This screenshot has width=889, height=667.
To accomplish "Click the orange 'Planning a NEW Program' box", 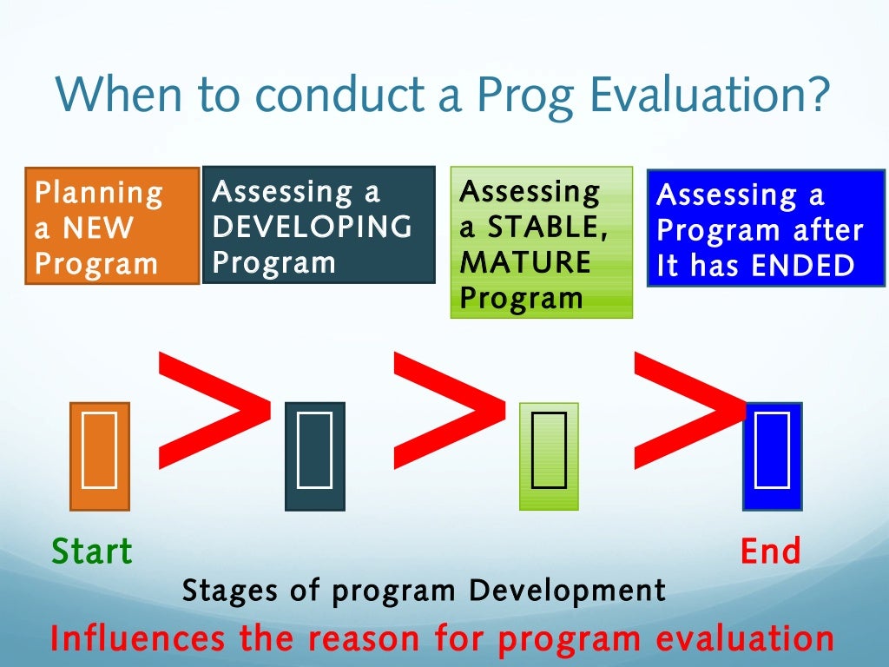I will [112, 226].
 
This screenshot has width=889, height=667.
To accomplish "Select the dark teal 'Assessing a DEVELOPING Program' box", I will [318, 225].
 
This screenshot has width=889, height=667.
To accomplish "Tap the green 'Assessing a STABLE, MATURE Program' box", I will [542, 242].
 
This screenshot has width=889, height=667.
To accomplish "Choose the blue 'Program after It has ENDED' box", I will [766, 228].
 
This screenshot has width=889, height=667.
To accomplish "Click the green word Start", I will [92, 551].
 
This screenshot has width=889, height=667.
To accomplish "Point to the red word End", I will [770, 551].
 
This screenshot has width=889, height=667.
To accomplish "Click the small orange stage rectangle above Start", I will [100, 456].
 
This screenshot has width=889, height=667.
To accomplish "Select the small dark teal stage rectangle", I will [315, 456].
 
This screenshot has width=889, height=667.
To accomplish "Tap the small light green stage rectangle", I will [549, 456].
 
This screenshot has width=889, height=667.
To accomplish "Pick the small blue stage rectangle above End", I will [772, 456].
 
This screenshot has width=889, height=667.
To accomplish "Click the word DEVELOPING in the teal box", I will [313, 227].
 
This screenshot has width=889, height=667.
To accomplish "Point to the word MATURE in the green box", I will [524, 262].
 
